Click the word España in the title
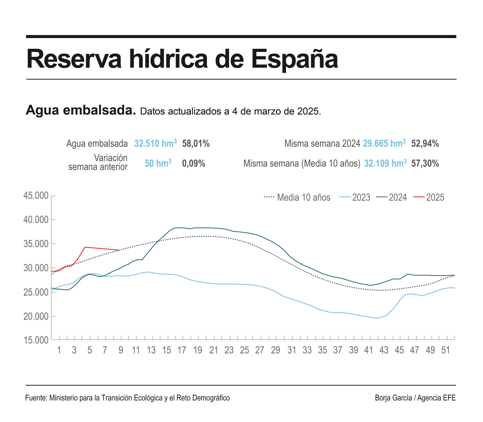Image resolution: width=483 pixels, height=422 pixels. point(295,59)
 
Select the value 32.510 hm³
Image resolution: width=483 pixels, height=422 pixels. point(155,143)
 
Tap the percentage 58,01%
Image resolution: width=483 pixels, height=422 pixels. point(196,143)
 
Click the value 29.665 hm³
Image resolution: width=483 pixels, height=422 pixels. point(384,143)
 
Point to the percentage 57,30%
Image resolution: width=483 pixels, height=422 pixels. point(425,164)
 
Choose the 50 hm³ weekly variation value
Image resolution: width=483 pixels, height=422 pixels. point(158,164)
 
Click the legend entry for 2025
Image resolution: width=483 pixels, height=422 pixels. point(435,197)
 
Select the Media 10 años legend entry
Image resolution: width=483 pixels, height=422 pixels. point(303,197)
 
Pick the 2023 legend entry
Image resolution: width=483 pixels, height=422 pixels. point(361,197)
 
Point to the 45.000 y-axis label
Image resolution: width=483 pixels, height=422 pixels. point(36,195)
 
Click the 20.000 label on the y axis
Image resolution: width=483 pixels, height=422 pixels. point(36,316)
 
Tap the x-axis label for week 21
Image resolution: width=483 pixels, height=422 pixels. point(213,350)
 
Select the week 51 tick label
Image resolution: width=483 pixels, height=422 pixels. point(445,350)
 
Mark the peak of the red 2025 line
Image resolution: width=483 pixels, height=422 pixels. point(85,247)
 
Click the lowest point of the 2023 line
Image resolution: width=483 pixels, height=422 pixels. point(377,318)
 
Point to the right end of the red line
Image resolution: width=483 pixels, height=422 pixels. point(119,250)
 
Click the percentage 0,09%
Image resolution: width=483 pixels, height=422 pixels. point(193,164)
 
